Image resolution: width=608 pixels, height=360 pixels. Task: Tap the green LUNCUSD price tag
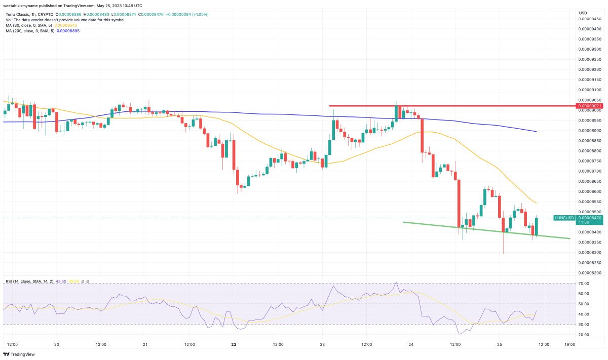564,218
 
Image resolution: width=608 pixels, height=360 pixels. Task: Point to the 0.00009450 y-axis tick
589,19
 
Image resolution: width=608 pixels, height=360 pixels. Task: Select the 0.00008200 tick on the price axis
589,272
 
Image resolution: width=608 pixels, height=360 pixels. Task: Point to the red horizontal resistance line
451,106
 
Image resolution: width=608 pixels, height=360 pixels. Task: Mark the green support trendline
486,230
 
